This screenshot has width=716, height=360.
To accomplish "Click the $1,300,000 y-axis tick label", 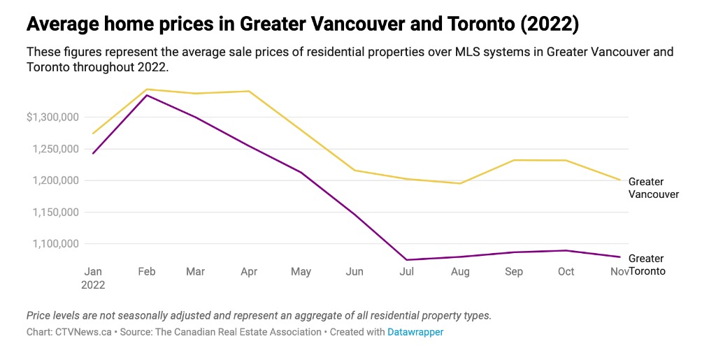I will (53, 117).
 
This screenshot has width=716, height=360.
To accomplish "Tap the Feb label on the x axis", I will (146, 271).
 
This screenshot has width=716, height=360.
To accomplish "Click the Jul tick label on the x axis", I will (407, 271).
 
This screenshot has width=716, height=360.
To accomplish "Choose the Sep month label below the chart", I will (514, 271).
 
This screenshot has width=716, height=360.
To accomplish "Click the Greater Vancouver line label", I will (653, 188).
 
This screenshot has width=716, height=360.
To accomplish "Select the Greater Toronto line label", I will (647, 265).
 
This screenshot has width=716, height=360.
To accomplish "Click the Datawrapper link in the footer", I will (415, 332).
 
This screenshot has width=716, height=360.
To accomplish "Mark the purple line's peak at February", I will (146, 95).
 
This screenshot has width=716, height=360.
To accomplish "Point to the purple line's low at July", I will (407, 260).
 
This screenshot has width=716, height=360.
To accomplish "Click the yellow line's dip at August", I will (460, 183).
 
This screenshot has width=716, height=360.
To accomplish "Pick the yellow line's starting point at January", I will (93, 134).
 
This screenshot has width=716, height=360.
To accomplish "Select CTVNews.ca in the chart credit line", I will (84, 332).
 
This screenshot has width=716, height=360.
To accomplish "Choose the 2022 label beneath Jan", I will (93, 285).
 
